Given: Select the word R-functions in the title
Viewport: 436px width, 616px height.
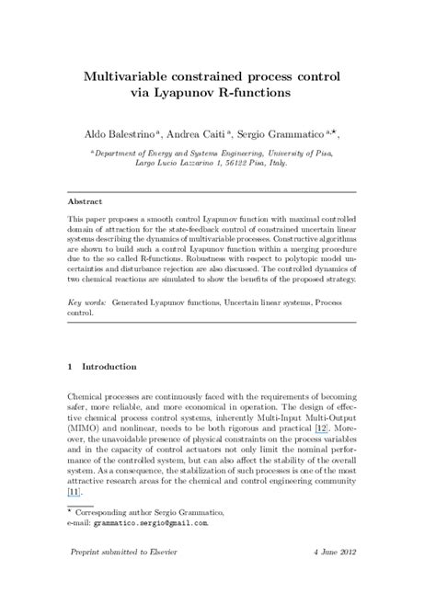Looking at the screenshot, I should pyautogui.click(x=279, y=92).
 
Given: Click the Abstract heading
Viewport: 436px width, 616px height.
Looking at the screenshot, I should pyautogui.click(x=86, y=200).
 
